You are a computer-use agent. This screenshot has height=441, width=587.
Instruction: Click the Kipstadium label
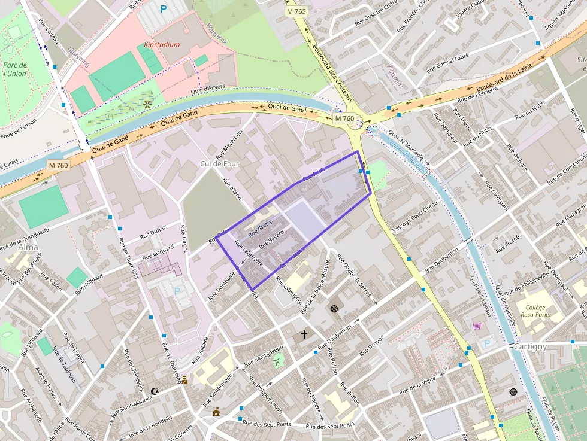click(x=162, y=45)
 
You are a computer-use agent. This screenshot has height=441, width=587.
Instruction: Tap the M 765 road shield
click(x=296, y=11)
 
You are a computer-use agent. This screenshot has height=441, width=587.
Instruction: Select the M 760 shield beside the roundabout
click(x=344, y=118)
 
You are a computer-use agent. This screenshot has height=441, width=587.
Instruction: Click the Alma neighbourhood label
click(x=28, y=247)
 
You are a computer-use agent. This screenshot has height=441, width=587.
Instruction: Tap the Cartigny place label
click(x=530, y=346)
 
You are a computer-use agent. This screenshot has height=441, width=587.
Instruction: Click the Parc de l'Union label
click(x=14, y=69)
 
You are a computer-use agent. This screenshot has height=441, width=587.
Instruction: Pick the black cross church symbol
click(x=304, y=334)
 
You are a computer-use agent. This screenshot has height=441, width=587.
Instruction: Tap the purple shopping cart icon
click(x=477, y=326)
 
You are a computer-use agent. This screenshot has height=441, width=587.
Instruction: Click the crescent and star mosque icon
click(x=155, y=391)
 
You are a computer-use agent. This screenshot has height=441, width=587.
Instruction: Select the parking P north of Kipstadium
click(x=163, y=9)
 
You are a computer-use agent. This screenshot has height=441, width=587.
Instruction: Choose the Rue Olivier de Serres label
click(x=356, y=279)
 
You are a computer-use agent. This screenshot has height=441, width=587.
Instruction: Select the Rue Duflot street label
click(x=152, y=232)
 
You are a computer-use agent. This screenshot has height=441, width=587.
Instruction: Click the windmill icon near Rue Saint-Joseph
click(x=277, y=361)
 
